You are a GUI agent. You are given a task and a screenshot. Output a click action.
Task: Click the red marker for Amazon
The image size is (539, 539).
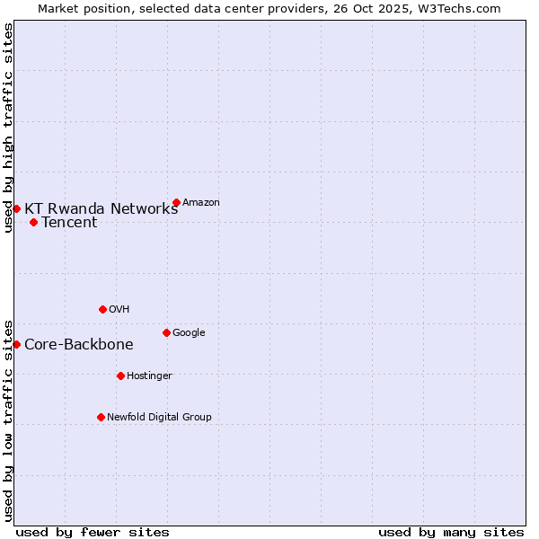(x=176, y=202)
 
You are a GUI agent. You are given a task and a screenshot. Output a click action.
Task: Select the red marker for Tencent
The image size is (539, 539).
(x=33, y=222)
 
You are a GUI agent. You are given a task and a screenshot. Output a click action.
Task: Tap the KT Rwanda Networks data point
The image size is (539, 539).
(x=16, y=208)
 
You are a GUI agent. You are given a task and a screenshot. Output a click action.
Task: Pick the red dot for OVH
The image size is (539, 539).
(x=102, y=309)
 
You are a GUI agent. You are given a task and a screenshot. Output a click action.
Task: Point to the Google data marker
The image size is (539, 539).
(x=166, y=332)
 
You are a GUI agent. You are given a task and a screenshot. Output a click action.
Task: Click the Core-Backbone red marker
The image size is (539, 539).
(x=16, y=344)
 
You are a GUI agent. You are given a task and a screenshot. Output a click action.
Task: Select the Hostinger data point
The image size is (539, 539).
(x=120, y=376)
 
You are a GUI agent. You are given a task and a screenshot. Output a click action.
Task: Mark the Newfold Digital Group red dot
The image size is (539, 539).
(x=101, y=417)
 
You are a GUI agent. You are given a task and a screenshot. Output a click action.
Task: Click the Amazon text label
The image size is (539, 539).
(x=201, y=203)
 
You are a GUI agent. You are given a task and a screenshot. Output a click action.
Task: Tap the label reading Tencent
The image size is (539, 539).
(x=69, y=223)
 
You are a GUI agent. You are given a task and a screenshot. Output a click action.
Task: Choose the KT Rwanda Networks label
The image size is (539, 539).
(x=101, y=209)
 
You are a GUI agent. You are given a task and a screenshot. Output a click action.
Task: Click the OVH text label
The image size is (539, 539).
(x=119, y=310)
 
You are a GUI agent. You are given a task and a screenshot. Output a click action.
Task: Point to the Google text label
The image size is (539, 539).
(x=189, y=333)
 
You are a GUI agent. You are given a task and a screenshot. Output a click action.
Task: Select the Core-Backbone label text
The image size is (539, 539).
(x=79, y=345)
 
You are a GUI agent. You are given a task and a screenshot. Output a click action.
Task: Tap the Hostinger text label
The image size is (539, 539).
(x=149, y=376)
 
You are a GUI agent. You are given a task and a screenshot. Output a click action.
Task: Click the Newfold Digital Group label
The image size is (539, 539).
(x=159, y=418)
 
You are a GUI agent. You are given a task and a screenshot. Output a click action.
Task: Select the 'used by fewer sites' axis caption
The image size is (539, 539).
(x=93, y=533)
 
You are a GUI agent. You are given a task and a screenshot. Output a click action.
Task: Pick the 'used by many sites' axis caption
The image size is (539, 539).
(x=451, y=533)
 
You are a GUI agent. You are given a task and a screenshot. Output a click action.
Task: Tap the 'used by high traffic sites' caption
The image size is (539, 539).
(x=8, y=128)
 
